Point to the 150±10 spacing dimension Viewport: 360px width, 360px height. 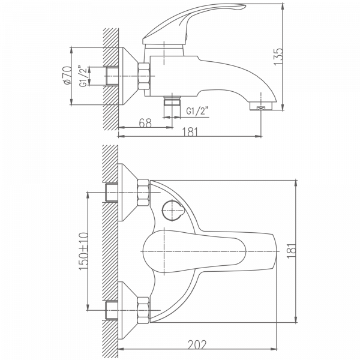(81, 252)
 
